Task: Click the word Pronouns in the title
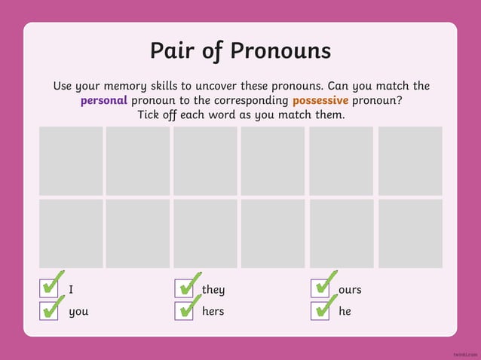(x=280, y=51)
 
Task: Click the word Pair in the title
(x=176, y=51)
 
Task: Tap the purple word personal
(x=104, y=101)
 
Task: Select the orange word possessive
(x=320, y=101)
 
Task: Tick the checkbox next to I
(x=49, y=288)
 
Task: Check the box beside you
(x=49, y=310)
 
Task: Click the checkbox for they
(x=184, y=288)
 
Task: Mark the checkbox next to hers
(x=184, y=310)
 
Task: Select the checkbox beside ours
(x=320, y=288)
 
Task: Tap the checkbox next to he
(x=320, y=310)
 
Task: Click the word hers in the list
(x=213, y=311)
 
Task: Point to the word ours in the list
(x=350, y=290)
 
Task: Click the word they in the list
(x=213, y=290)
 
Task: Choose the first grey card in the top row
(x=71, y=160)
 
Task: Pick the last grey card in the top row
(x=410, y=160)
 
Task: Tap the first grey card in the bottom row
(x=71, y=233)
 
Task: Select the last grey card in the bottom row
(x=410, y=233)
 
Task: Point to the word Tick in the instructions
(x=152, y=115)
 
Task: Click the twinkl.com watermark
(x=465, y=353)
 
